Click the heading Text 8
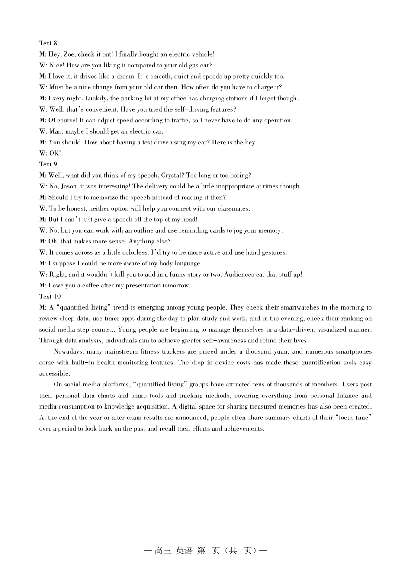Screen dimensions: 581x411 tap(48, 43)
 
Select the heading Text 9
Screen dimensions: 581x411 tap(48, 164)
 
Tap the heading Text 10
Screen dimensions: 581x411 tap(50, 297)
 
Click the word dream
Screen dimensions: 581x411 tap(125, 77)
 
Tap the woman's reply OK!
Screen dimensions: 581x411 tap(55, 153)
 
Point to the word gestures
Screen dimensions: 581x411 tap(274, 252)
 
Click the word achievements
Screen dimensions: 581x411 tap(243, 429)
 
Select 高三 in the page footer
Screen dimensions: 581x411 tap(163, 551)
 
